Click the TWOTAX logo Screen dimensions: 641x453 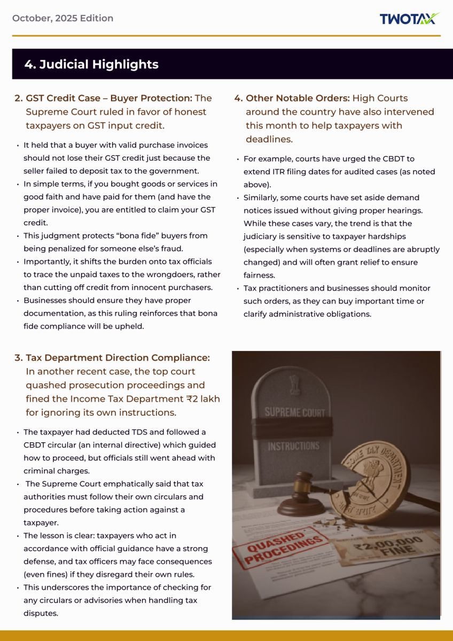coord(409,19)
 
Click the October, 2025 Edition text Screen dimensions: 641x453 coord(63,18)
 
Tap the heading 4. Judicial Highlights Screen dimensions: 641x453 coord(91,65)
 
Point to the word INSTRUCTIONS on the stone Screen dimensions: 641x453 coord(294,446)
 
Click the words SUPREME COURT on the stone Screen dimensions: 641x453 coord(294,412)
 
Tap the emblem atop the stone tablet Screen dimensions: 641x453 coord(293,383)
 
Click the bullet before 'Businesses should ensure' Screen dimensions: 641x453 coord(18,301)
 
